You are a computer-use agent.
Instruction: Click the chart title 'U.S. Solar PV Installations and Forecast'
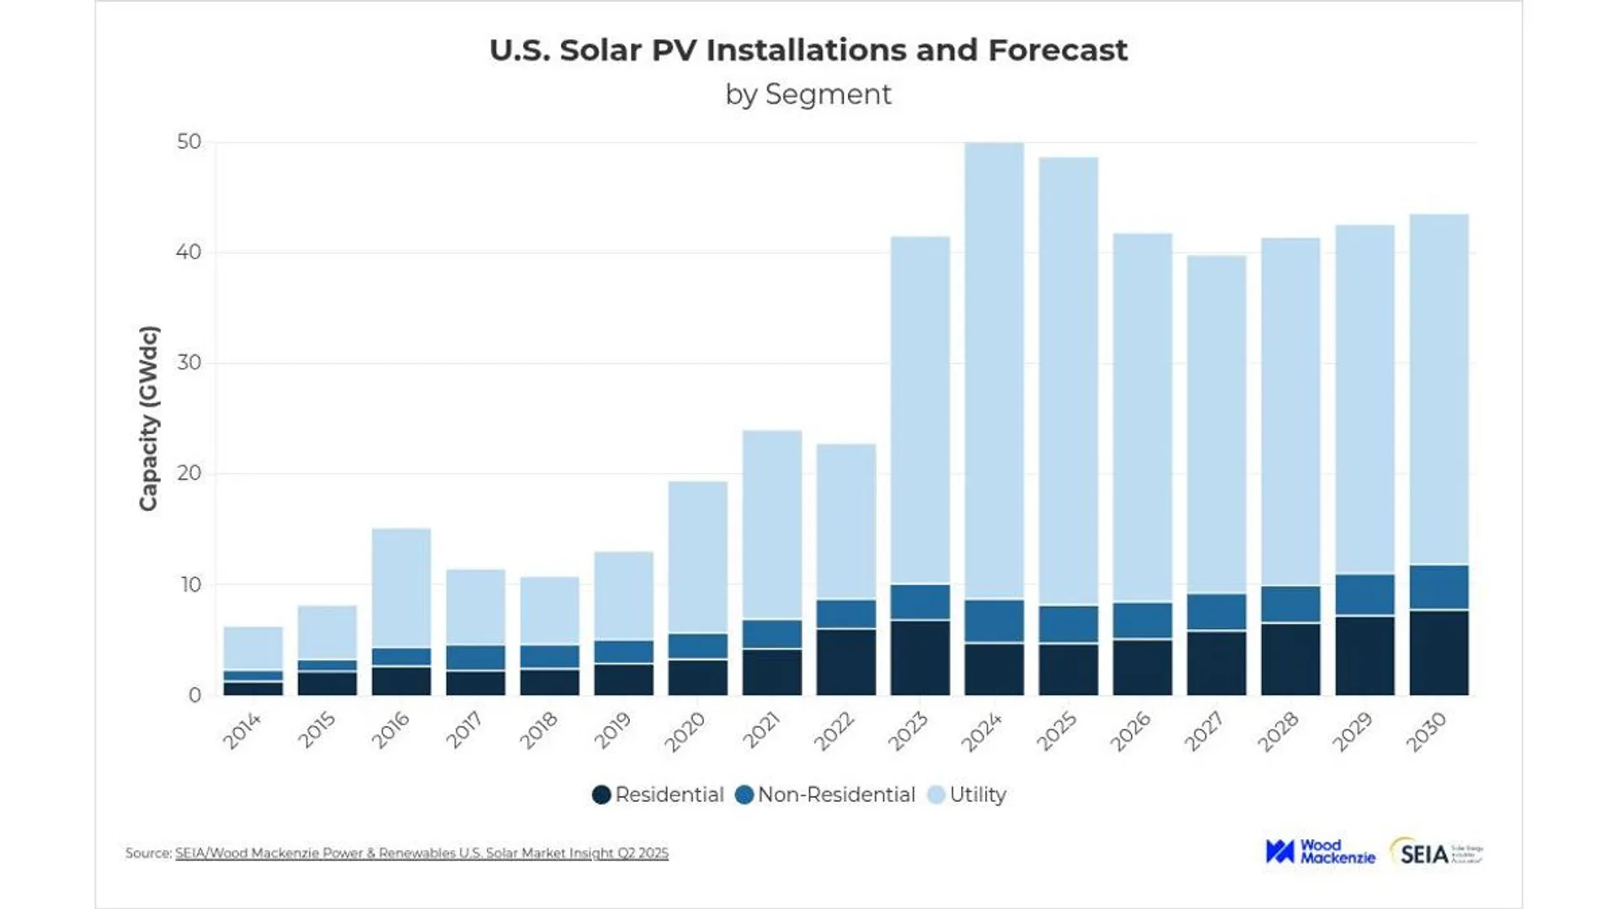tap(808, 50)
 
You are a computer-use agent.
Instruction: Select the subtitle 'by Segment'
tap(808, 94)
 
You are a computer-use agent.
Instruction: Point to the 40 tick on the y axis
tap(189, 252)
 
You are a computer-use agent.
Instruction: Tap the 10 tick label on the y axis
tap(190, 585)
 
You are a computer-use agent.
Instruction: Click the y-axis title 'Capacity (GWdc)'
tap(148, 418)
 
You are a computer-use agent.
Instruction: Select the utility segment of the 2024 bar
tap(994, 370)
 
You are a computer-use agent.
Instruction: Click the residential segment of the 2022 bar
tap(846, 662)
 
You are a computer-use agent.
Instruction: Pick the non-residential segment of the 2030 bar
tap(1438, 587)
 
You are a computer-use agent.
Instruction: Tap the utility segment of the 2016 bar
tap(401, 588)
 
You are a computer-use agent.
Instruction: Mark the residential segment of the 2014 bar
tap(253, 688)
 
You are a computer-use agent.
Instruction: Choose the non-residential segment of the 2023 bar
tap(920, 602)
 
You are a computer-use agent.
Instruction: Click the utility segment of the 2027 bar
tap(1216, 425)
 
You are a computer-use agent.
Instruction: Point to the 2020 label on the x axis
tap(685, 731)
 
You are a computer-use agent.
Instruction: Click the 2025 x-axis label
tap(1056, 731)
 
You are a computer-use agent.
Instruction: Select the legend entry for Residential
tap(658, 795)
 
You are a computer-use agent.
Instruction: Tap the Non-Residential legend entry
tap(825, 795)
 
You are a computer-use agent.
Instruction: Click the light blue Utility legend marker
tap(936, 795)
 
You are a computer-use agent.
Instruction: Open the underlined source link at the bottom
tap(421, 853)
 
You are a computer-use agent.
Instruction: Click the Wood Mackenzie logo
tap(1320, 852)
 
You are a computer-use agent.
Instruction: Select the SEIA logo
tap(1435, 853)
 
